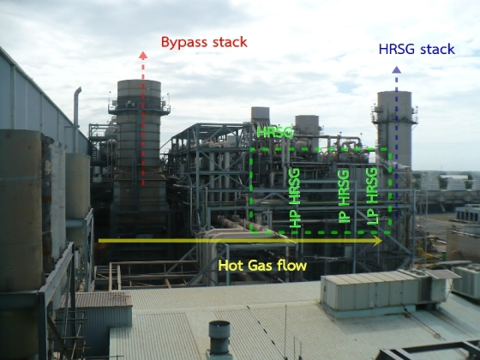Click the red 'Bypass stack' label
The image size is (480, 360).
tap(204, 43)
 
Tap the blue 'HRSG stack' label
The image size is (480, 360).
tap(417, 49)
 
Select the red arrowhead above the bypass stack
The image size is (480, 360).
tap(143, 56)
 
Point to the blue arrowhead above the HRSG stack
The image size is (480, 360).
tap(396, 69)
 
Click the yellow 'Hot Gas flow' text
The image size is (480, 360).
tap(262, 266)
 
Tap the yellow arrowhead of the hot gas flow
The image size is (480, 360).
tap(377, 241)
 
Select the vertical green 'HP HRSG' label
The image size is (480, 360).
tap(295, 198)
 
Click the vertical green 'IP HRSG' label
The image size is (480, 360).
tap(344, 196)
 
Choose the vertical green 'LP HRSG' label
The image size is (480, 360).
tap(372, 196)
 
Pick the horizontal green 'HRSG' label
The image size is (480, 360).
tap(275, 132)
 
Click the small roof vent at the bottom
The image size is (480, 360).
tap(219, 339)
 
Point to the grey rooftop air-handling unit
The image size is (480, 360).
tap(384, 290)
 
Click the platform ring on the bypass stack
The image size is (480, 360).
tap(139, 107)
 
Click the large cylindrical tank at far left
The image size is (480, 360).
tap(21, 210)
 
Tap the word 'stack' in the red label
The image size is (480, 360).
tap(230, 42)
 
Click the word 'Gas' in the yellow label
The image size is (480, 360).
tap(261, 266)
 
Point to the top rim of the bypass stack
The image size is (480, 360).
tap(139, 81)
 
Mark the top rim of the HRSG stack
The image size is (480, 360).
tap(394, 93)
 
